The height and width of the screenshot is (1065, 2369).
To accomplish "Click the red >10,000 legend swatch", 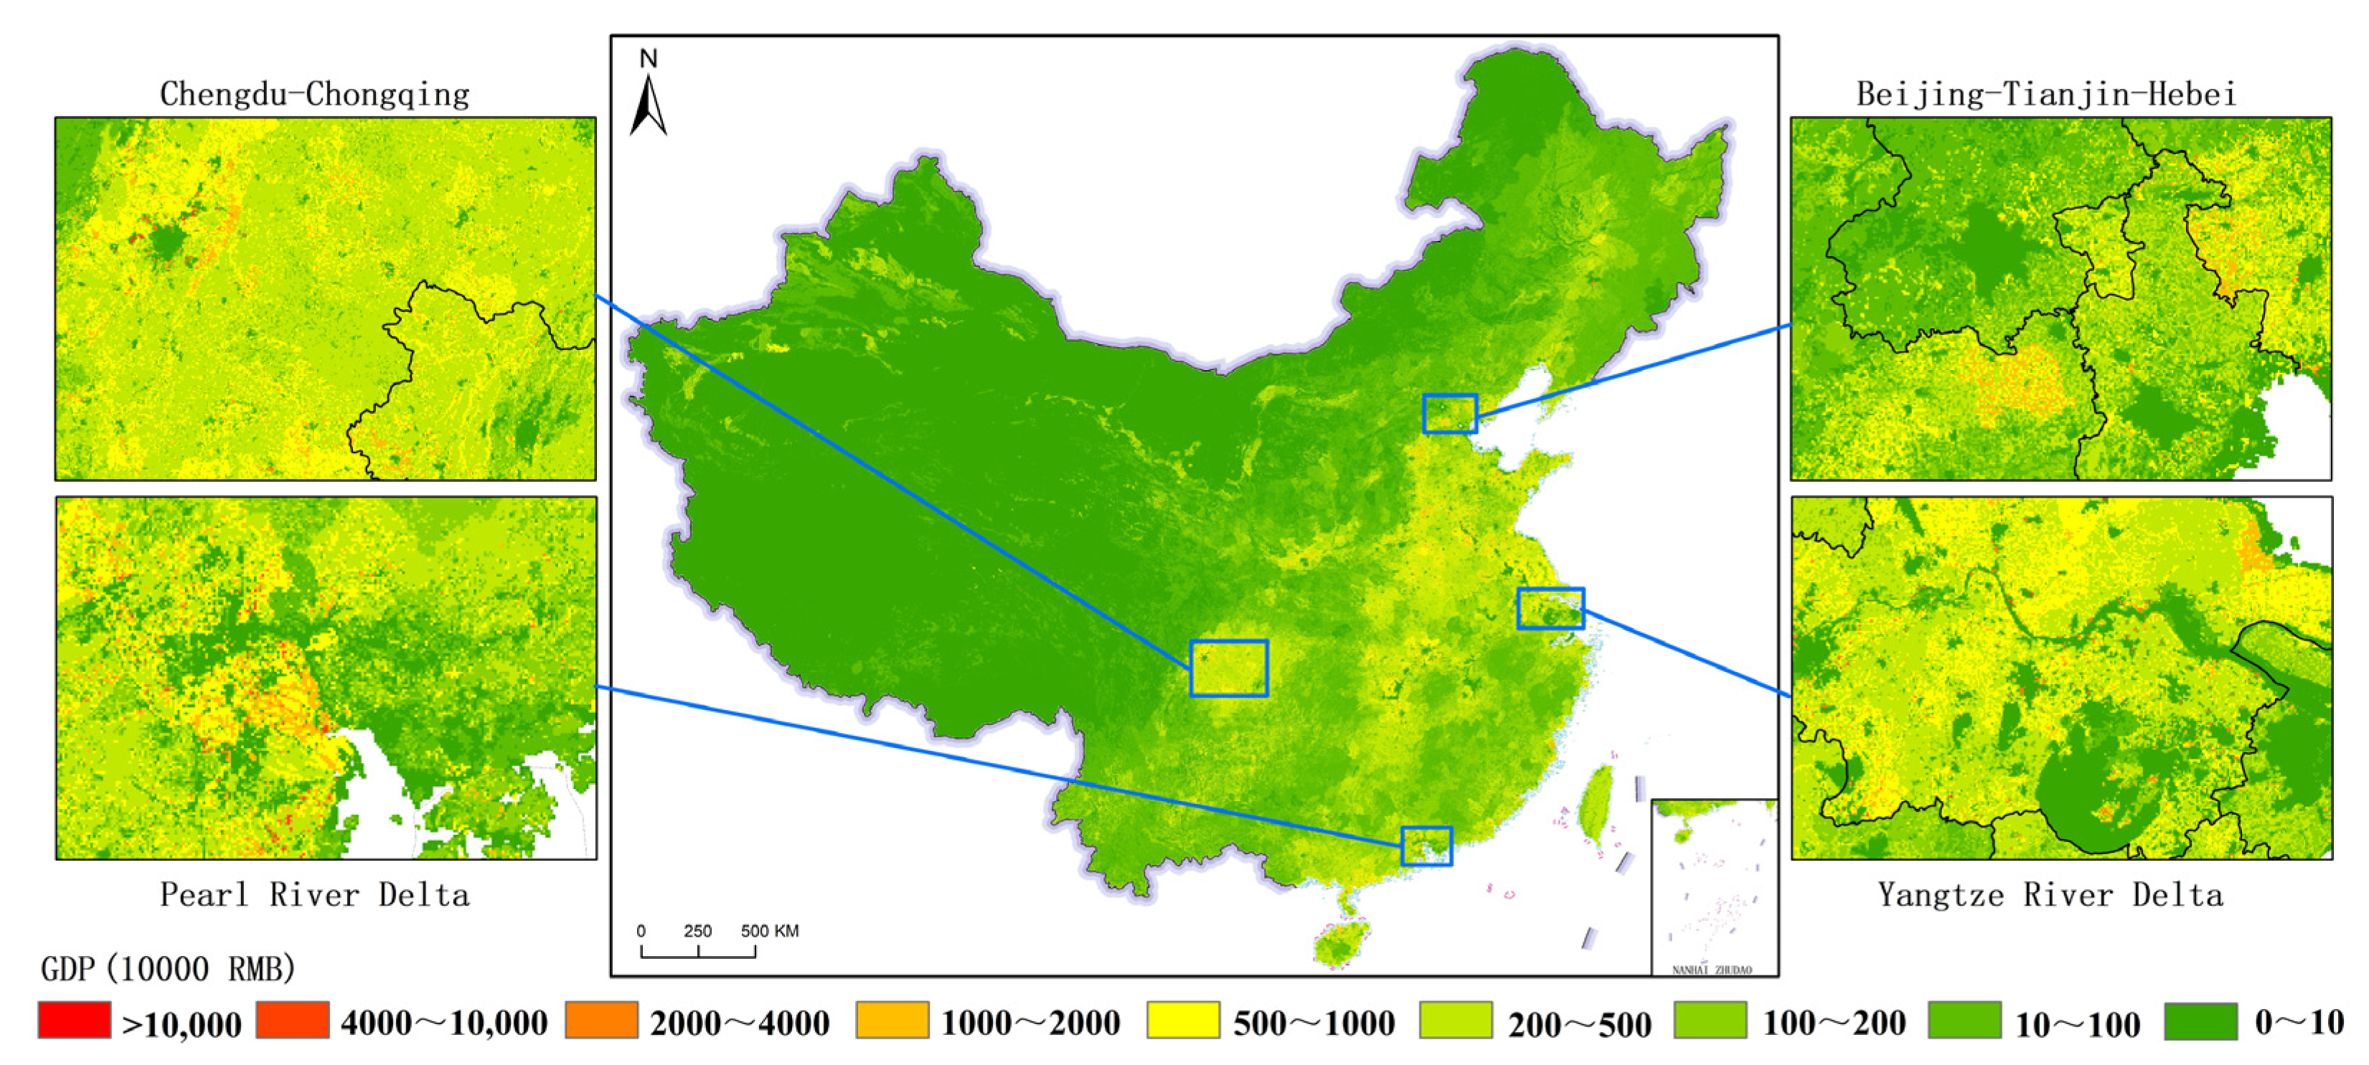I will (x=74, y=1020).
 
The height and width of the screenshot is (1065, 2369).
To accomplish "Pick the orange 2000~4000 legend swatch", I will (x=601, y=1020).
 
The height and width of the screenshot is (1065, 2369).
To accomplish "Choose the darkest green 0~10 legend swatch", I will (x=2200, y=1021).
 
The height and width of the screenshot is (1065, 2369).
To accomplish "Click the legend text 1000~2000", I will (x=1030, y=1023).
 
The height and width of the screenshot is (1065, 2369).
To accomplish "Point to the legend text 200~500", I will (x=1579, y=1023).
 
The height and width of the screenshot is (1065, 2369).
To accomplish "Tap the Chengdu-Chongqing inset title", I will (x=314, y=94).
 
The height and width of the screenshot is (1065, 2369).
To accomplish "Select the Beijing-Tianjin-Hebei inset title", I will (x=2046, y=94).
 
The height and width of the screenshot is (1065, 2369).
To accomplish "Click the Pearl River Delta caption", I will (x=314, y=894).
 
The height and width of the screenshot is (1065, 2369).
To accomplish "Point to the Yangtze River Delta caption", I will (x=2050, y=894).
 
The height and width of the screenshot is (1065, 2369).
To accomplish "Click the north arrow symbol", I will (x=649, y=107).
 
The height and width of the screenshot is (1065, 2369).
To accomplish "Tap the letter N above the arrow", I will (x=649, y=59).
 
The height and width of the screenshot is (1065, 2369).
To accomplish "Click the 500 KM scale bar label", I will (x=770, y=931).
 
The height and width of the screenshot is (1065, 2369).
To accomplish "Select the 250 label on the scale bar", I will (x=697, y=931).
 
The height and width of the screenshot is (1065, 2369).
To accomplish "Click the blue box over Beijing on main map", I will (x=1449, y=413).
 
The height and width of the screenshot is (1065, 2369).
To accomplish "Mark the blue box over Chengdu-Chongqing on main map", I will (x=1229, y=668).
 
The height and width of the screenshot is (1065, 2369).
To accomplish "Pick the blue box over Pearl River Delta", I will (x=1426, y=846).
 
